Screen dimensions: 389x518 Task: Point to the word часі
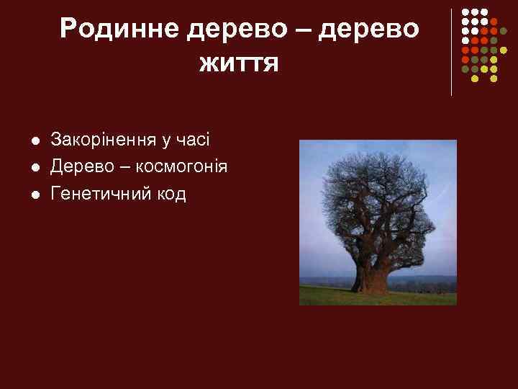coord(193,138)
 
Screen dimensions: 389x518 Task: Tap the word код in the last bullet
coord(173,194)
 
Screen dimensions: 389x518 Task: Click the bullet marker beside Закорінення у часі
coord(35,139)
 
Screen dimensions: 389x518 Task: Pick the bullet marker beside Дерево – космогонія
coord(35,167)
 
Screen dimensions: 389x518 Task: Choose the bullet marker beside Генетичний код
coord(35,195)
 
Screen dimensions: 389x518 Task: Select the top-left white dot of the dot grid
coord(465,13)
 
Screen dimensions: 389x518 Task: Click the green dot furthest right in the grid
coord(513,32)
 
